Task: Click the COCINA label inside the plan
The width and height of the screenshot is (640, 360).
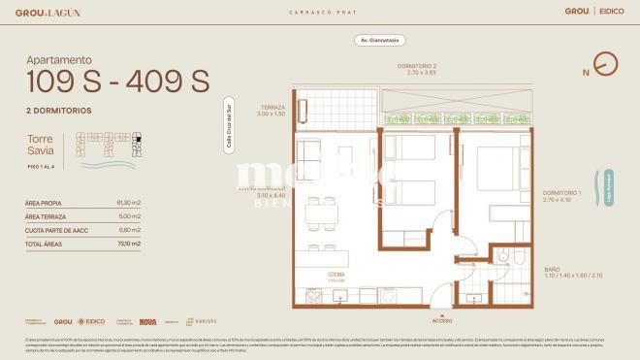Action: [x=335, y=275]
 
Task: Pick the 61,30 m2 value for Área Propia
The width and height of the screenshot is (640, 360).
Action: [x=128, y=203]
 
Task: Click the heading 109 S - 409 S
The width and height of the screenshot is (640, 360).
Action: [x=117, y=82]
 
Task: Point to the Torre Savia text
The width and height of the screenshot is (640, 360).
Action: [x=42, y=146]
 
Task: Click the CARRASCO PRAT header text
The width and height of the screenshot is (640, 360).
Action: [x=319, y=11]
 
